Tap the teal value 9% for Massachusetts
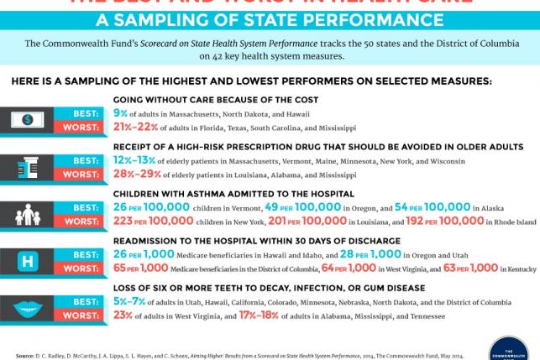pos(120,113)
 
